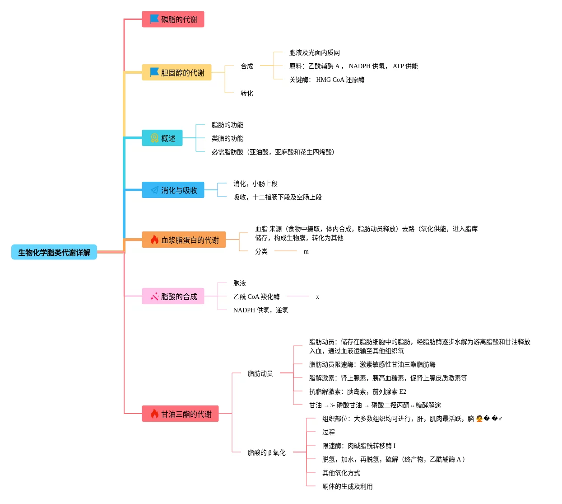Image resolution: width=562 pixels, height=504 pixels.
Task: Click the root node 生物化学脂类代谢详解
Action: (54, 252)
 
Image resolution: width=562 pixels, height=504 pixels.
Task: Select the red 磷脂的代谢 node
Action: (173, 19)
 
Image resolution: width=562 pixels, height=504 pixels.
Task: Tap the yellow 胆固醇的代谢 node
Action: (176, 72)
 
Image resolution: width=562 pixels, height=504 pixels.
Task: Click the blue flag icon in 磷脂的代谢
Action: (154, 19)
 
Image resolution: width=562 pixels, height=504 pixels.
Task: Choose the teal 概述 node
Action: (163, 138)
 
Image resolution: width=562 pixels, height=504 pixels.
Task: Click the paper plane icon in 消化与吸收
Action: (154, 190)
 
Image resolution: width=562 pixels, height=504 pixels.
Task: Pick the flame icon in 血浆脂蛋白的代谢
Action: (154, 240)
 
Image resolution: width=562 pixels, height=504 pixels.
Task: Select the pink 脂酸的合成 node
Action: (173, 296)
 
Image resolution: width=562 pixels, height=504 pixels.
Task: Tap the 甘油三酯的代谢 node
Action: (180, 414)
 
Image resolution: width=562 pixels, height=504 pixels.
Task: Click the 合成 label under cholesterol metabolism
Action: (247, 66)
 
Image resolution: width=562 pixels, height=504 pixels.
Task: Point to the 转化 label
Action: (247, 93)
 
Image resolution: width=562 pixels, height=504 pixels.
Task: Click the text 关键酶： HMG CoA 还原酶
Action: (327, 80)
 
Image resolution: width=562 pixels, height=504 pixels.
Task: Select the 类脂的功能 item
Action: (228, 138)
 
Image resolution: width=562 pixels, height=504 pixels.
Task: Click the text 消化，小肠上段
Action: (255, 184)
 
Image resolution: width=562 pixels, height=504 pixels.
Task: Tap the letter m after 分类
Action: (306, 252)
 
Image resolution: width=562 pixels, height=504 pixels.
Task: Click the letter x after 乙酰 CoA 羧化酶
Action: (317, 297)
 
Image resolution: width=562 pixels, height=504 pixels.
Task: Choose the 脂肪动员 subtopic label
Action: (260, 373)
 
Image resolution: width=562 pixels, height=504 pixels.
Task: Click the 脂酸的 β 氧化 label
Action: (267, 452)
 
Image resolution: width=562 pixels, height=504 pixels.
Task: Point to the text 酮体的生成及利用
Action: (348, 486)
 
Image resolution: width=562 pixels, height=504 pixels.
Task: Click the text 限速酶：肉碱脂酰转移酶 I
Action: (359, 446)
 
